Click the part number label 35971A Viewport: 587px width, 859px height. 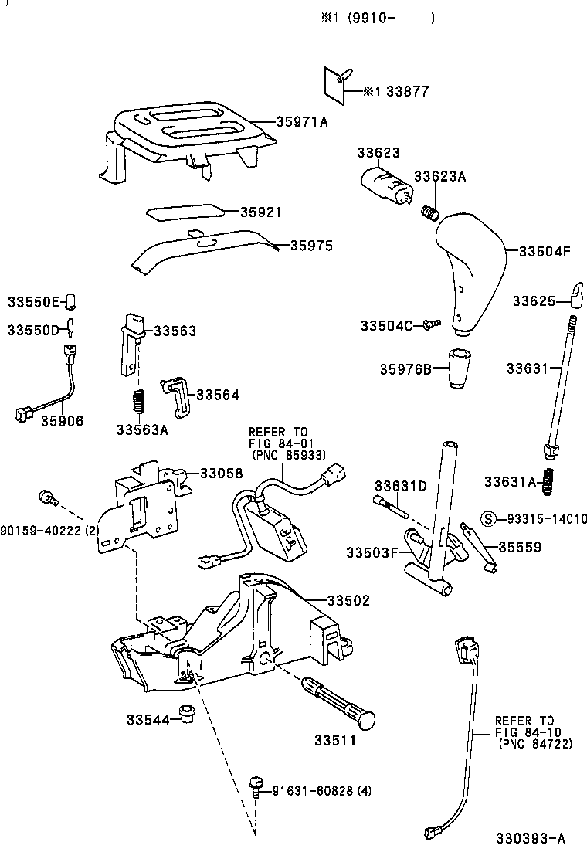point(303,122)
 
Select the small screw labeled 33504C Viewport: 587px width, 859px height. point(432,325)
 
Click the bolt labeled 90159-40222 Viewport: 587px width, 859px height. point(47,498)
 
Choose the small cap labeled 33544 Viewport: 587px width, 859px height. point(185,714)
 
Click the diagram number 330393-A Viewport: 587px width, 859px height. point(531,838)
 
